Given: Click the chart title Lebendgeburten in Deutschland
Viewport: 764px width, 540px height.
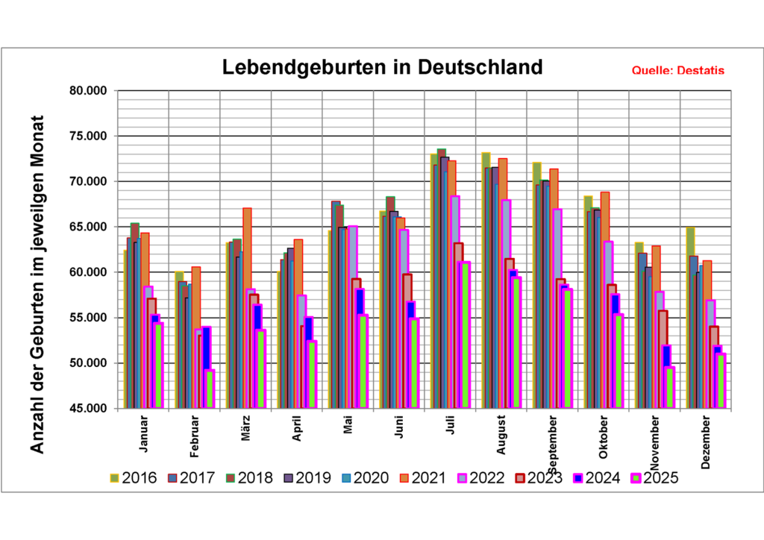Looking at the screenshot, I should pos(383,67).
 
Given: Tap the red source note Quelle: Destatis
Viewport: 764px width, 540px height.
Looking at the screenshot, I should pos(677,71).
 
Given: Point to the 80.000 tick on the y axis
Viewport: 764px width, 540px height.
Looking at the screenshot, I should pos(89,91).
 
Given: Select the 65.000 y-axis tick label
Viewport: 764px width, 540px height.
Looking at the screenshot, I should pos(89,227).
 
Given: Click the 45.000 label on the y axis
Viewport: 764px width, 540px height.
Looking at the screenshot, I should pos(89,409).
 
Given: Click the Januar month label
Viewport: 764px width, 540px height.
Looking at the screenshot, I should pos(144,433).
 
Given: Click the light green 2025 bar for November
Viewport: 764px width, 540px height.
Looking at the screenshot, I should pos(669,388).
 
